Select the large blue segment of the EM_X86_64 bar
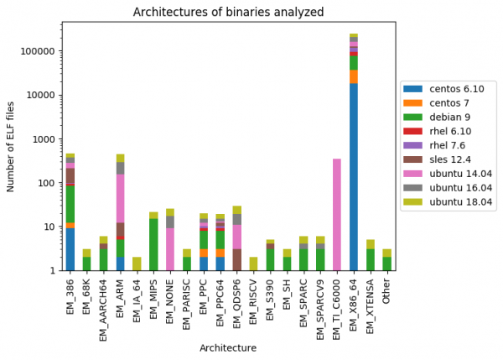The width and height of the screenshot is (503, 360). coord(354,176)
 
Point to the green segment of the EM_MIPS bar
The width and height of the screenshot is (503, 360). coord(153,244)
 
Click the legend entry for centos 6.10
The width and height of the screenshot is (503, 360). coord(444,89)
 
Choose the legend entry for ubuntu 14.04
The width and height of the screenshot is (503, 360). coord(449,174)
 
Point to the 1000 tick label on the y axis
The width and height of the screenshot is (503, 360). coord(43,139)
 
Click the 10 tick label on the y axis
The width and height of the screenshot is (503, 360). coord(49,227)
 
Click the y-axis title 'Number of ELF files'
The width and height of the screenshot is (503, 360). coord(12,146)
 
